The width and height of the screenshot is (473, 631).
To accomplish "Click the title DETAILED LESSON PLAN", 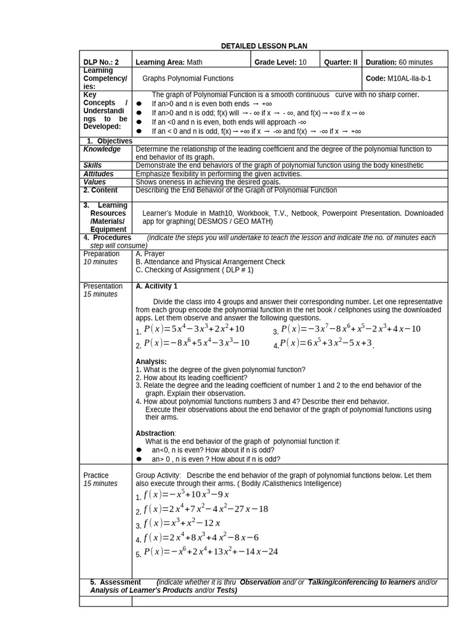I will [x=264, y=46].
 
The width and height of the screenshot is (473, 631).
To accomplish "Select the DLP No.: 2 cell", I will [x=102, y=62].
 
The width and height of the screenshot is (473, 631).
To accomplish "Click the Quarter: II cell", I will [x=341, y=62].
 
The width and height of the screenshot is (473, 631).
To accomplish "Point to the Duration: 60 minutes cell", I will [x=399, y=62].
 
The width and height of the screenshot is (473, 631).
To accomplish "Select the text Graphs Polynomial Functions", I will [x=188, y=79].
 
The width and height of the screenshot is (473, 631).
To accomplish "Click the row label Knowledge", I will [x=102, y=149].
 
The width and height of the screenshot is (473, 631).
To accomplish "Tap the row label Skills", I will [x=93, y=166].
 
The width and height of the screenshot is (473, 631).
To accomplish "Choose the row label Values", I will [x=94, y=182].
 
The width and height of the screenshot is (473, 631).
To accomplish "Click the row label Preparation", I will [x=102, y=254].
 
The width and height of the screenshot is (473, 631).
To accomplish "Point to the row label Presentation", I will [x=103, y=286].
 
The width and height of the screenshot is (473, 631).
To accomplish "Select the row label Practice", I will [x=96, y=476].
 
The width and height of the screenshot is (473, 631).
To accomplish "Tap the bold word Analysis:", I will [x=151, y=362].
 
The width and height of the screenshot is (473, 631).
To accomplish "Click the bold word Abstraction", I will [x=155, y=433].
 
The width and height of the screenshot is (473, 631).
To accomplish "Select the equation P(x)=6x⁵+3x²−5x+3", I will [x=326, y=343].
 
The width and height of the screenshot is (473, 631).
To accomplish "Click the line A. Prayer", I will [x=150, y=254].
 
